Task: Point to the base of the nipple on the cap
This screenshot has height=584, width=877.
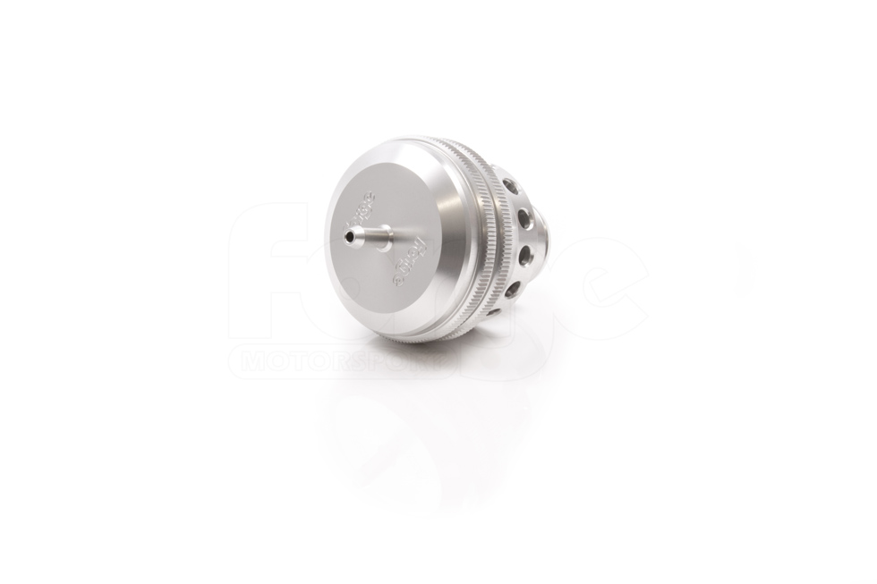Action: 391,240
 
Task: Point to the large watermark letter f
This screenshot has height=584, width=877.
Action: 268,268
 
